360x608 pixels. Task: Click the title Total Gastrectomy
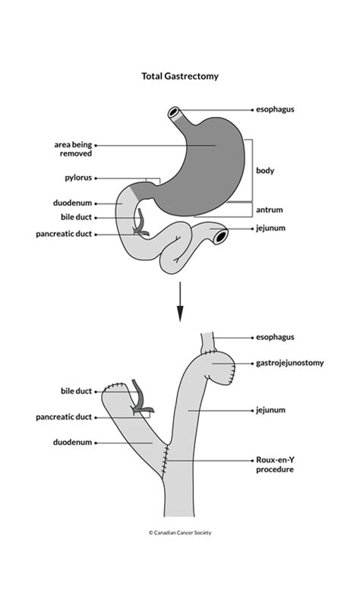coord(179,76)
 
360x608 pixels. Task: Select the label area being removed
coord(73,149)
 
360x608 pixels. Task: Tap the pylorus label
coord(78,179)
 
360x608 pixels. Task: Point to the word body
coord(265,171)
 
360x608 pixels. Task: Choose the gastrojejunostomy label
coord(290,363)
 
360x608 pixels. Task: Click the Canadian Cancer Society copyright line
coord(180,532)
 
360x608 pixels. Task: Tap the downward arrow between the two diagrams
coord(180,301)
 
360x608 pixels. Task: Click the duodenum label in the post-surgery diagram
coord(72,442)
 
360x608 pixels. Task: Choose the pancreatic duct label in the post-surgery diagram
coord(63,417)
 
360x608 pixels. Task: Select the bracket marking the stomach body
coord(252,171)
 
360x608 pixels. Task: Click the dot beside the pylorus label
coord(96,179)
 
